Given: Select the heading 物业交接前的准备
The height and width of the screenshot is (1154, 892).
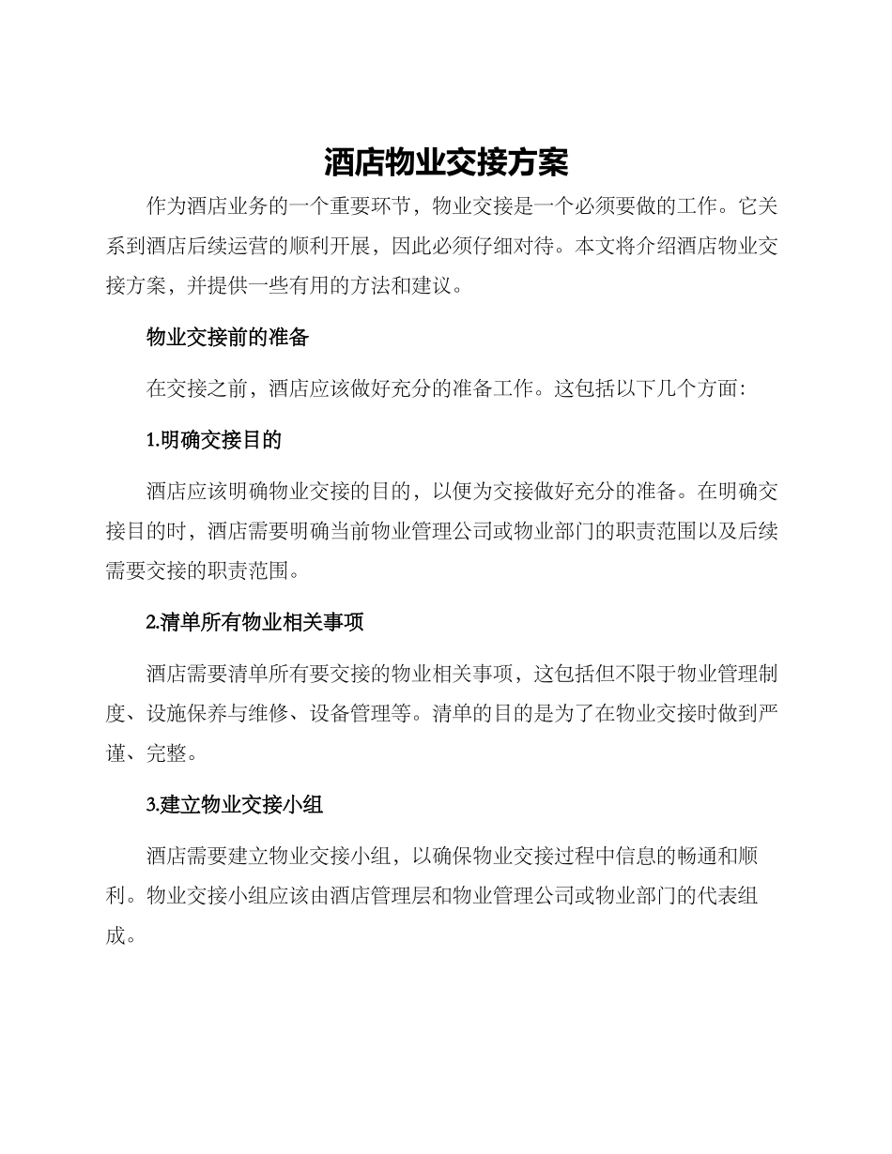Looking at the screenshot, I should pyautogui.click(x=227, y=339).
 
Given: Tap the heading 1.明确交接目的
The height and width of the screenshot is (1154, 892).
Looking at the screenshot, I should pyautogui.click(x=214, y=439).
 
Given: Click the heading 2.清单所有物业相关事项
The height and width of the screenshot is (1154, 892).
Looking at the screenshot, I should pyautogui.click(x=254, y=622).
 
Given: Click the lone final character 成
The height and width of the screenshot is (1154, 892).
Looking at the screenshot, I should pyautogui.click(x=115, y=935).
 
